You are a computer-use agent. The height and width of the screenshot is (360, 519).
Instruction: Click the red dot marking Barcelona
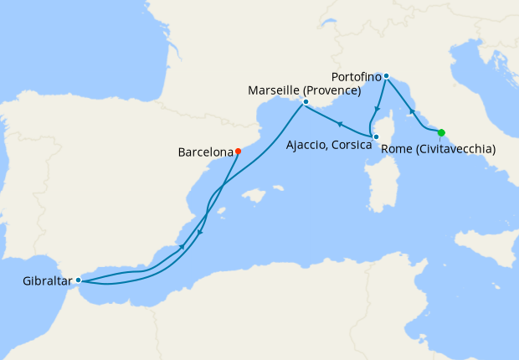[x=238, y=152]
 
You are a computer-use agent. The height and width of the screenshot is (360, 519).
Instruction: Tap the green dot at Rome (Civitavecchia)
[x=441, y=131]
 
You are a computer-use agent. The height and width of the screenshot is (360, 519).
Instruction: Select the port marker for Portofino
[x=386, y=76]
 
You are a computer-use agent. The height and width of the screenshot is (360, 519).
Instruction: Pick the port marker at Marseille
[x=306, y=102]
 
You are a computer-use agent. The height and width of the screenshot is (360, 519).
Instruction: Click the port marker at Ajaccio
[x=376, y=137]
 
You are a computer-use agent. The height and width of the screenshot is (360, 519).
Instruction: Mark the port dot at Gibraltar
[x=78, y=280]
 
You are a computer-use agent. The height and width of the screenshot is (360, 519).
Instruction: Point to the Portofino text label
[x=351, y=76]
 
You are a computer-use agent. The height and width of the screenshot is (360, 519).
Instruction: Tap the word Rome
[x=396, y=150]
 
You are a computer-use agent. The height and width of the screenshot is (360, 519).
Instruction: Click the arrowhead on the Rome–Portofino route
[x=410, y=111]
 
